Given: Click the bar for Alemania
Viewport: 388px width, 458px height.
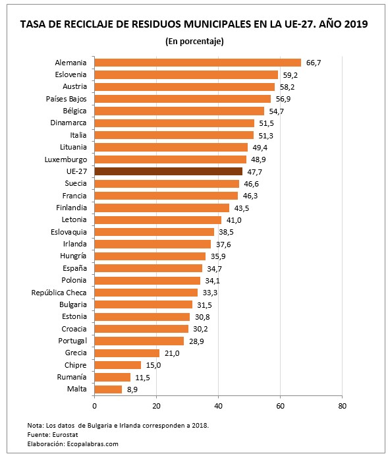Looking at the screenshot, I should pos(198,63).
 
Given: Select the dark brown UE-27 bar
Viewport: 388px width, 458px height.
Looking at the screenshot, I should pos(168,171).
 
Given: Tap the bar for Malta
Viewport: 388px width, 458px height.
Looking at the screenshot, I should pos(108,389).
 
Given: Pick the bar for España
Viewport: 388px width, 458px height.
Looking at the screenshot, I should pos(148,268).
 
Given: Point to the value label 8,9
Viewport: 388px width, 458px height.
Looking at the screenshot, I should pos(132,389).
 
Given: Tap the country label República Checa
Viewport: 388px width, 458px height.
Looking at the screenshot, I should pos(59,293).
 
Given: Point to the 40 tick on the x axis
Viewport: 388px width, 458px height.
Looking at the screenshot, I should pos(219,406).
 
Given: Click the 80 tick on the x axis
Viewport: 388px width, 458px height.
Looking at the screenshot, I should pos(342,406).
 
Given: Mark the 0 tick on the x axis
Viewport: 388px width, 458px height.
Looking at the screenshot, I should pos(95,406).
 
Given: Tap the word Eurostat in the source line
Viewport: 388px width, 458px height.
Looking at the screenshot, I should pos(65,435).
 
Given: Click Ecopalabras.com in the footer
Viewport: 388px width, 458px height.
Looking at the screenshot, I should pos(91,444).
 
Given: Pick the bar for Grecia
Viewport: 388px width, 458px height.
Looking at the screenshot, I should pos(127,353).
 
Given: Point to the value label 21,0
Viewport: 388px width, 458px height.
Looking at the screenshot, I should pos(171,353).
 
